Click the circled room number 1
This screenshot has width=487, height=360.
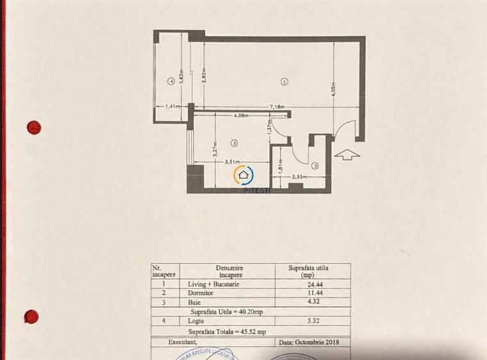284,81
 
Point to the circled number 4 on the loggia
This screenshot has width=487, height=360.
170,81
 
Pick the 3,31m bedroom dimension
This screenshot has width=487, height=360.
232,162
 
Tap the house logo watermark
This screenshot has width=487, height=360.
244,176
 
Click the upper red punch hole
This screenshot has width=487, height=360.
34,127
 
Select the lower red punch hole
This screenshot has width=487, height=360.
31,316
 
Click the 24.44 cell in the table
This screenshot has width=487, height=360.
312,285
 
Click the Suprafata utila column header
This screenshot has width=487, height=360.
312,271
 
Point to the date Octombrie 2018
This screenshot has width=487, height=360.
309,342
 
